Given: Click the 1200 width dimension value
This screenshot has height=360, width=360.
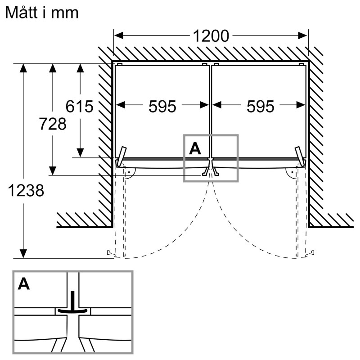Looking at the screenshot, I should point(211,36).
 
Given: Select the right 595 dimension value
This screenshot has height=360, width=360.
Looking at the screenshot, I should point(260,106).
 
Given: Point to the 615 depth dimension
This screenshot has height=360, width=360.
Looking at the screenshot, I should point(79,107).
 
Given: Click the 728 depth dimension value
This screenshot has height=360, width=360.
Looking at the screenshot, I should point(53,124).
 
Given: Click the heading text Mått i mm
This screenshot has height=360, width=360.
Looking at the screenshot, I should point(41,13).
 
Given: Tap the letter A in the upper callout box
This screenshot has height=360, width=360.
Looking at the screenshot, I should point(195,148).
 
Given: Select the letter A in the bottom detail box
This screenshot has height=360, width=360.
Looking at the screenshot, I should point(24,284).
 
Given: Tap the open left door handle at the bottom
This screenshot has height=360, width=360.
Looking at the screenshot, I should point(110,253).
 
